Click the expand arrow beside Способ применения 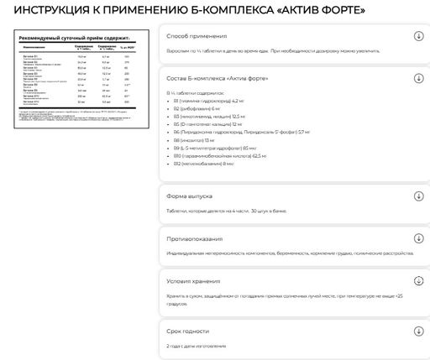click(x=418, y=36)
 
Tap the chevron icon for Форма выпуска click(x=418, y=196)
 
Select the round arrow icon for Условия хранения click(x=418, y=281)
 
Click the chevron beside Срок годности click(x=418, y=332)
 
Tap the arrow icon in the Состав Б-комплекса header click(x=418, y=78)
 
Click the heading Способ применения click(x=197, y=37)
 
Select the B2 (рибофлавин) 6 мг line click(x=199, y=108)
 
